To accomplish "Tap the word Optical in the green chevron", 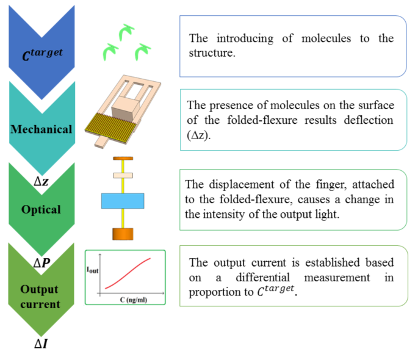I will pos(41,209).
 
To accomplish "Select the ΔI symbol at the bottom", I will pos(41,344).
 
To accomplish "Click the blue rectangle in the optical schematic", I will pos(123,201).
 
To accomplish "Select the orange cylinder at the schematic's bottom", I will pos(122,234).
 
